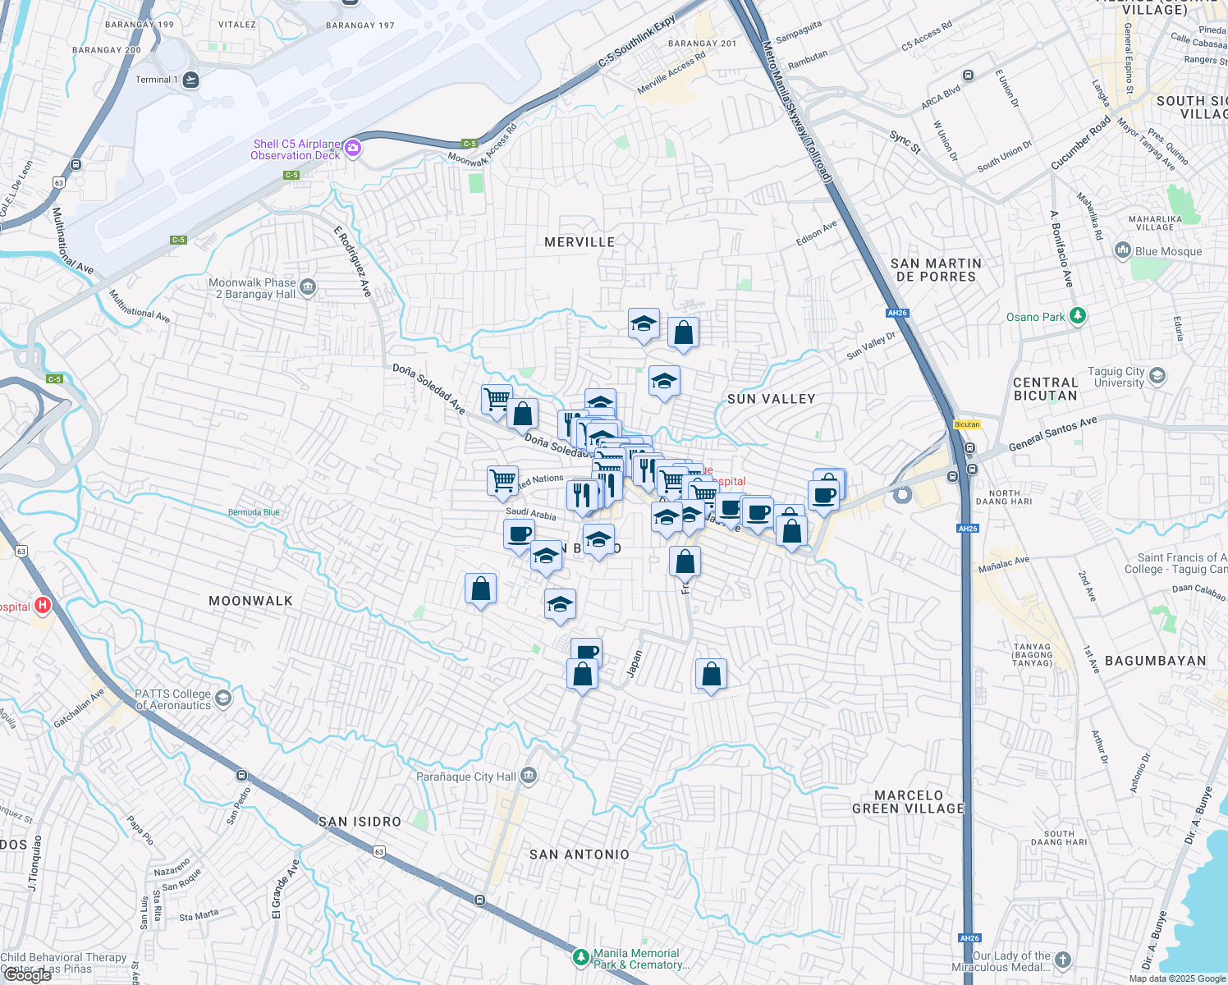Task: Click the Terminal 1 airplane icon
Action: click(190, 80)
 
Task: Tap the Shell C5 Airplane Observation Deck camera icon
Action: click(353, 148)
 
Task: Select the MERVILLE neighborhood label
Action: click(580, 242)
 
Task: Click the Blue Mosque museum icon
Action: click(1123, 251)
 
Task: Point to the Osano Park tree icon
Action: click(1079, 316)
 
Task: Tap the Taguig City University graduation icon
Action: click(1157, 376)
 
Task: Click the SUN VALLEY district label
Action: click(771, 399)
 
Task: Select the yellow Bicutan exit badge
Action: click(967, 424)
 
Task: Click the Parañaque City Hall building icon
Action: click(529, 776)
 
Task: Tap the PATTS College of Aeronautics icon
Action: click(222, 699)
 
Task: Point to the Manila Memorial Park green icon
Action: click(580, 957)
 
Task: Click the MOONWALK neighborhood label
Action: click(250, 601)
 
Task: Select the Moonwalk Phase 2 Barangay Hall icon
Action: click(308, 286)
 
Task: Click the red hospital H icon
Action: click(43, 607)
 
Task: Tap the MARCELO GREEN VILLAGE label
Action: click(908, 802)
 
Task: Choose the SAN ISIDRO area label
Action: click(360, 822)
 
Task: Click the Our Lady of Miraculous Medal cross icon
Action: click(1063, 960)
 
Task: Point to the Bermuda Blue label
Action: click(254, 512)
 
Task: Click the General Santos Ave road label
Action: click(1052, 433)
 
